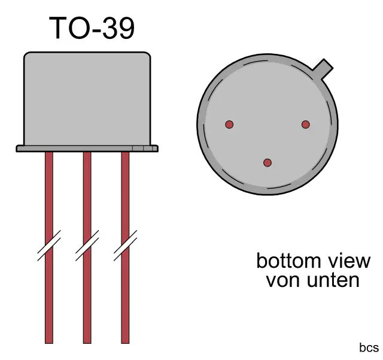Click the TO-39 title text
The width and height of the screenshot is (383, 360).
coord(92,28)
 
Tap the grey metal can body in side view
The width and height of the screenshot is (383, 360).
coord(87,99)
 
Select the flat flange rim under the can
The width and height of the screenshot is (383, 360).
coord(87,148)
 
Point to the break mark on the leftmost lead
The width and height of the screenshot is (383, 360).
coord(48,246)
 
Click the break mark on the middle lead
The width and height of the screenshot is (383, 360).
coord(87,246)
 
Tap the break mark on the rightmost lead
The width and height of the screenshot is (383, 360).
coord(125,246)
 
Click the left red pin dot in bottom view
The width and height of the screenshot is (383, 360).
coord(229,125)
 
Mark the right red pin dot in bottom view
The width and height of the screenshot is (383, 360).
coord(306,125)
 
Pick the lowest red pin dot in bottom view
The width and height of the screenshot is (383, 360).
coord(268,163)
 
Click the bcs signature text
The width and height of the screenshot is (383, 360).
coord(369,348)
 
